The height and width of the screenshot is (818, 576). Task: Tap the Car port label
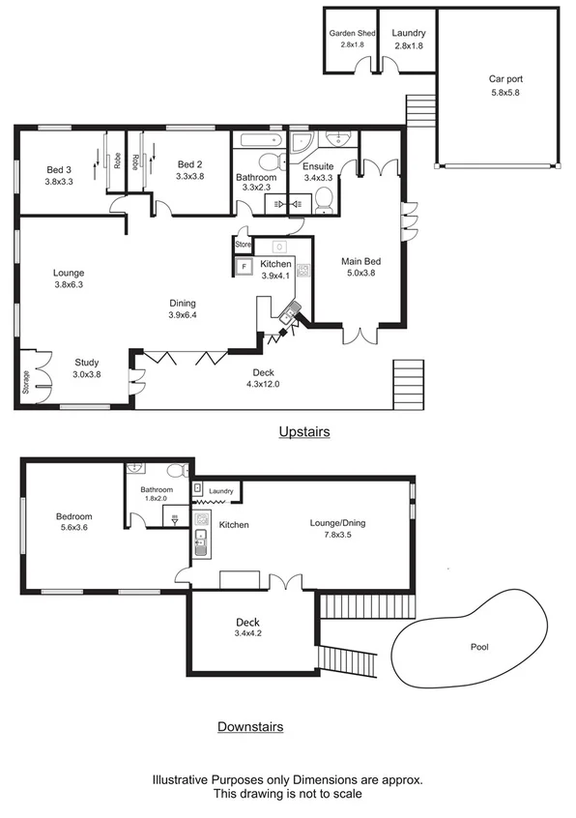pyautogui.click(x=504, y=80)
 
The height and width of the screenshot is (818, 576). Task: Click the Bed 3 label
pyautogui.click(x=59, y=169)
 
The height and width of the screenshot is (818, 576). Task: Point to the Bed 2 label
pyautogui.click(x=190, y=164)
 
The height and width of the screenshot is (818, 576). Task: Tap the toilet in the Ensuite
pyautogui.click(x=324, y=199)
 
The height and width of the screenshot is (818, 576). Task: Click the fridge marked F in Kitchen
pyautogui.click(x=244, y=266)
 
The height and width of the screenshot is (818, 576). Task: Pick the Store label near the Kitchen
pyautogui.click(x=243, y=245)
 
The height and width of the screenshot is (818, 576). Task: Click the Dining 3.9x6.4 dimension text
pyautogui.click(x=188, y=315)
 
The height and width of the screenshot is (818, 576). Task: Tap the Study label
pyautogui.click(x=87, y=363)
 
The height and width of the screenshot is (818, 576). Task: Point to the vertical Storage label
pyautogui.click(x=26, y=383)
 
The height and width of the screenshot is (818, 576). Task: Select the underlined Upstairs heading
pyautogui.click(x=303, y=432)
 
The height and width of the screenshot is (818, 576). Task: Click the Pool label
pyautogui.click(x=479, y=647)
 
